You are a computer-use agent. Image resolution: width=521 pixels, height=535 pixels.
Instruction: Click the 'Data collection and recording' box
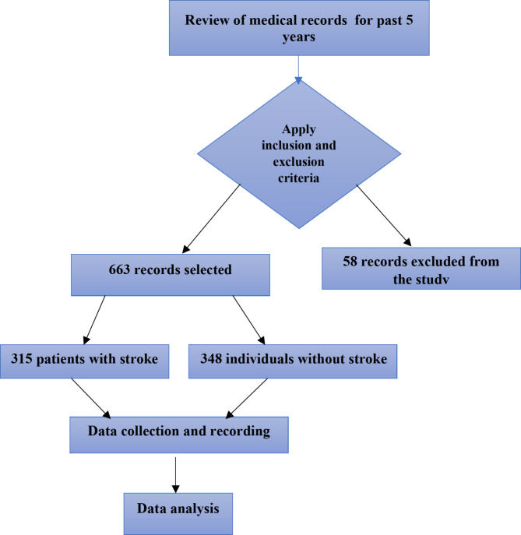click(178, 435)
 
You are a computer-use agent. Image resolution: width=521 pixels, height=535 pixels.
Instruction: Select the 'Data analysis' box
click(178, 508)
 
